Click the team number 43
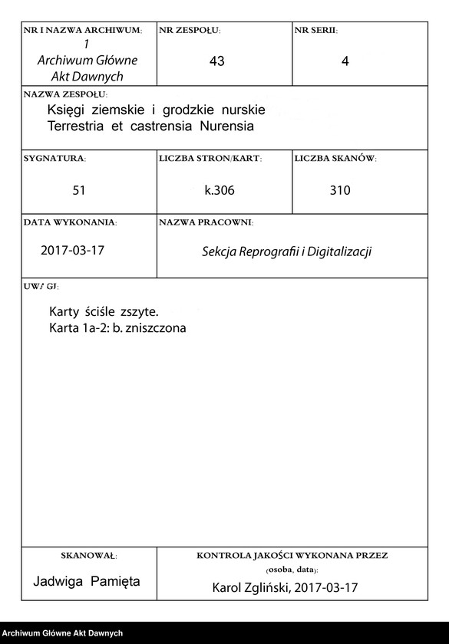pyautogui.click(x=216, y=61)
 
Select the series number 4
pyautogui.click(x=345, y=61)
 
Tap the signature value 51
pyautogui.click(x=79, y=190)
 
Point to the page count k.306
pyautogui.click(x=219, y=190)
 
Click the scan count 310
pyautogui.click(x=340, y=190)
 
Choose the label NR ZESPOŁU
pyautogui.click(x=190, y=31)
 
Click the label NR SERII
pyautogui.click(x=316, y=31)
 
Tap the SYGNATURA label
pyautogui.click(x=54, y=158)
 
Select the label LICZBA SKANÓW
pyautogui.click(x=335, y=158)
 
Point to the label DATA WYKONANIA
pyautogui.click(x=70, y=222)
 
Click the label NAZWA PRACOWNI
pyautogui.click(x=206, y=222)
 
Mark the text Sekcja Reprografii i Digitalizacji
pyautogui.click(x=286, y=251)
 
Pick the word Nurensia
pyautogui.click(x=226, y=125)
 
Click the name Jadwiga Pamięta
pyautogui.click(x=87, y=581)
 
